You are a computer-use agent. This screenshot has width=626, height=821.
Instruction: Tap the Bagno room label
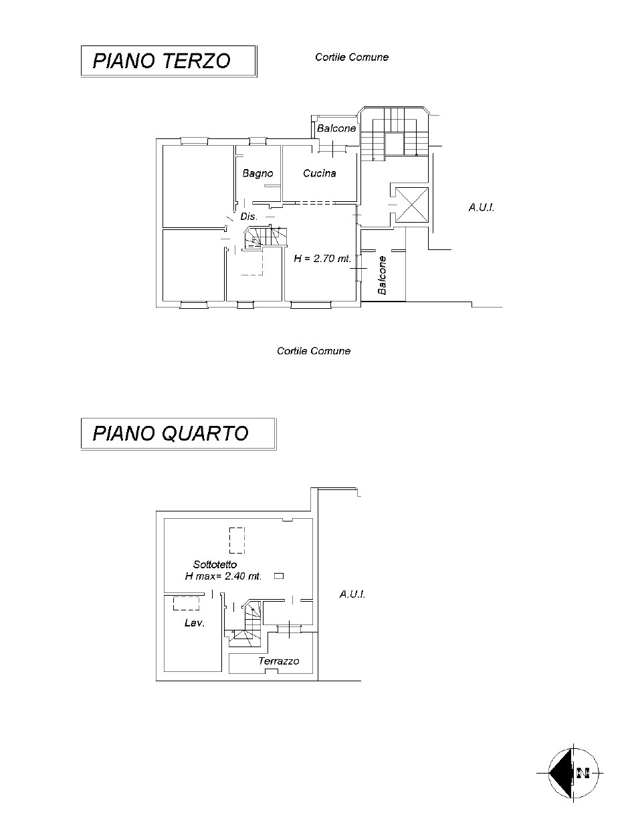257,173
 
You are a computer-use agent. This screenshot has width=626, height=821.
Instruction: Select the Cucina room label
319,173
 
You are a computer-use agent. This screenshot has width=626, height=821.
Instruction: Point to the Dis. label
249,216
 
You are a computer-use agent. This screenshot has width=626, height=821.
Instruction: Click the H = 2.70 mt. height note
322,258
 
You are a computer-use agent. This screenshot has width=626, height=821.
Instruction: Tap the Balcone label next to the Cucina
336,128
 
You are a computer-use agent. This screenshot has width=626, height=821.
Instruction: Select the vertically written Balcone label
382,275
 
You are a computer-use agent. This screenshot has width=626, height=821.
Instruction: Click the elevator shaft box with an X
411,205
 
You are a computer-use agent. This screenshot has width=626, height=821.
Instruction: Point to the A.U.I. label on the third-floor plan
481,207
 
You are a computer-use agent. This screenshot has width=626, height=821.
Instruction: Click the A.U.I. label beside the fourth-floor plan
352,594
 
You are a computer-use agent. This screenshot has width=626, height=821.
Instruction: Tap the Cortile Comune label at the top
351,57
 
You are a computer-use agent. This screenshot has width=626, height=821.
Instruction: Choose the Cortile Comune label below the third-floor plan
314,351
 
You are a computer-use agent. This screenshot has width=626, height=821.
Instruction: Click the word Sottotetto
215,564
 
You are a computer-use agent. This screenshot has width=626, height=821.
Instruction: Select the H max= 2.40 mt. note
223,576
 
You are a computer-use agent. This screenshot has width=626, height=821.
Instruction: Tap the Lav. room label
195,622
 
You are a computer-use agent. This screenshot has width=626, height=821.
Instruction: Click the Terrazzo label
279,661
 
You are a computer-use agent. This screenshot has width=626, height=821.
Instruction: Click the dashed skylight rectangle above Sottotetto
237,540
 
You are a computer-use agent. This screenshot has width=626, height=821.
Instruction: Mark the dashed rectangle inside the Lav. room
186,603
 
